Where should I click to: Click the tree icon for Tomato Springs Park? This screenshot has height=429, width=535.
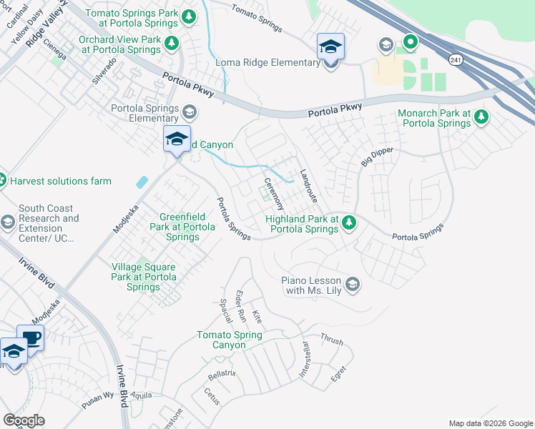[189, 16]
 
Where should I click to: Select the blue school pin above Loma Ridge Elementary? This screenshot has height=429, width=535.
[330, 47]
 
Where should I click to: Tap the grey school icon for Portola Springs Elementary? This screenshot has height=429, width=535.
[190, 112]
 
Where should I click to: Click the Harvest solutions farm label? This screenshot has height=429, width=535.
[61, 181]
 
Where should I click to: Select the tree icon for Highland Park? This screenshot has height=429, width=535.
[349, 222]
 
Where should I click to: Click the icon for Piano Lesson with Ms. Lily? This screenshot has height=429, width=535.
[352, 285]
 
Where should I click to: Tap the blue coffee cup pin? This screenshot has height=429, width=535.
[31, 337]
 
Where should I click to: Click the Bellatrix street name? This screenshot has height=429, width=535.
[222, 373]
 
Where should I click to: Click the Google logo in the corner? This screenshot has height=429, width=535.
[24, 420]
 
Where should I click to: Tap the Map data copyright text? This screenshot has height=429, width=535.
[490, 423]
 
